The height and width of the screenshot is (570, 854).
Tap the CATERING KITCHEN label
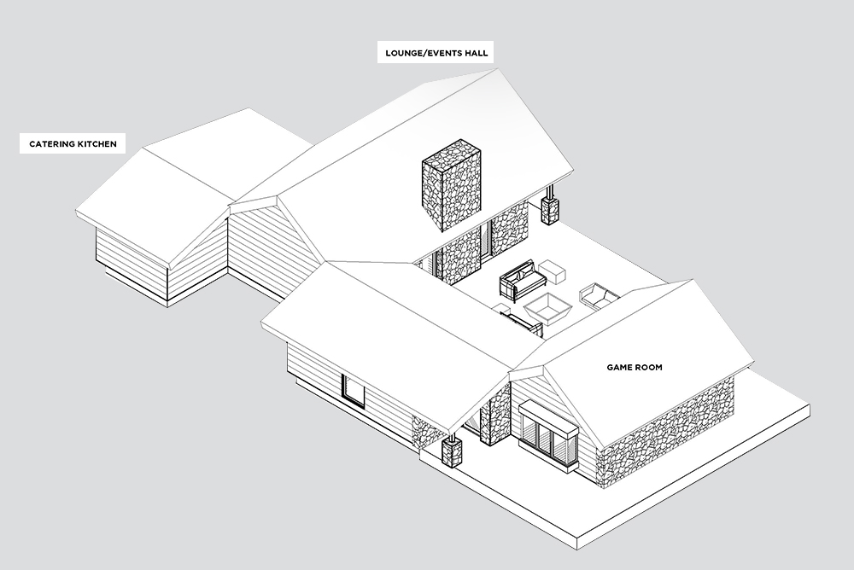tap(73, 144)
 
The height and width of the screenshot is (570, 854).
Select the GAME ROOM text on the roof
tap(635, 368)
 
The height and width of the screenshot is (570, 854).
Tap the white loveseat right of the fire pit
tap(599, 295)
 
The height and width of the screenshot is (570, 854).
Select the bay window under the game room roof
tap(547, 433)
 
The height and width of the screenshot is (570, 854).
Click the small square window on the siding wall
tap(352, 390)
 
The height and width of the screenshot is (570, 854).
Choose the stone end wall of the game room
tap(666, 431)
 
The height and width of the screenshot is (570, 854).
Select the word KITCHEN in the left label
tap(95, 144)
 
